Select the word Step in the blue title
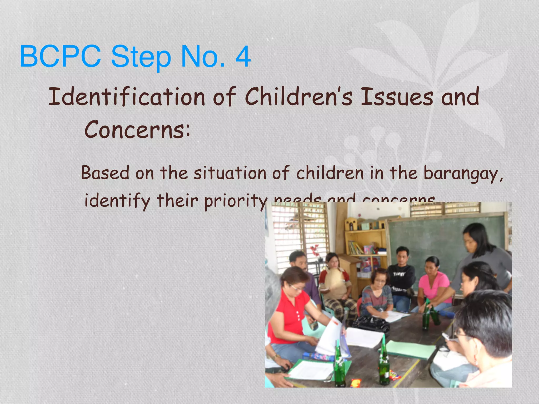pos(141,57)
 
